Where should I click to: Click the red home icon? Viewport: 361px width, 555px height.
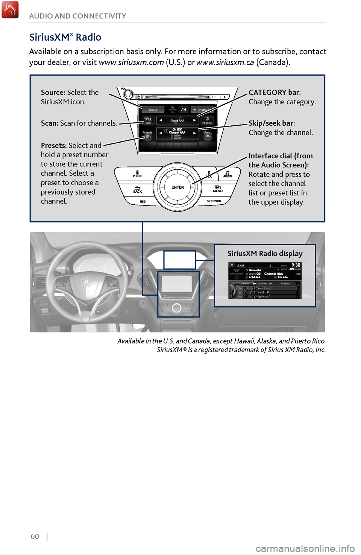[x=10, y=10]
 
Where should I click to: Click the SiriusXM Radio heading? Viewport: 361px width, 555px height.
[x=65, y=37]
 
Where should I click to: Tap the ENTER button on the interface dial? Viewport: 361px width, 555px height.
[x=177, y=187]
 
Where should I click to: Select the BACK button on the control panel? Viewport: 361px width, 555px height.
[x=137, y=189]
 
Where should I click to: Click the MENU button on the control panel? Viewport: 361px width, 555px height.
[x=218, y=189]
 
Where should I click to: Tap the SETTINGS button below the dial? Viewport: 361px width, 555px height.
[x=214, y=201]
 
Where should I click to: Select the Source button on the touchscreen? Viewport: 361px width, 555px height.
[x=153, y=110]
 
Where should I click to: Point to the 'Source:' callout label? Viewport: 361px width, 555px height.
[x=53, y=93]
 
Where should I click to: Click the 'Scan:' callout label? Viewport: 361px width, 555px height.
[x=49, y=123]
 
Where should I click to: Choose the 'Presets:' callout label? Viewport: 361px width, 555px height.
[x=54, y=146]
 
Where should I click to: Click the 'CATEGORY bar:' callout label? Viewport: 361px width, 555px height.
[x=275, y=93]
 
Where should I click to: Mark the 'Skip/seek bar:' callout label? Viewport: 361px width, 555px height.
[x=272, y=123]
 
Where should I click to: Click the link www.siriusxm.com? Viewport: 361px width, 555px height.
[x=131, y=62]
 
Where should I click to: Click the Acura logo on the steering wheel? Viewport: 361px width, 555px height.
[x=86, y=282]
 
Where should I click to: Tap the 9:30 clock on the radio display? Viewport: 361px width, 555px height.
[x=296, y=265]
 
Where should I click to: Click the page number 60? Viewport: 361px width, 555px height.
[x=35, y=537]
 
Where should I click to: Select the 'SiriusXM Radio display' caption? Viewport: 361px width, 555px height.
[x=265, y=254]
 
